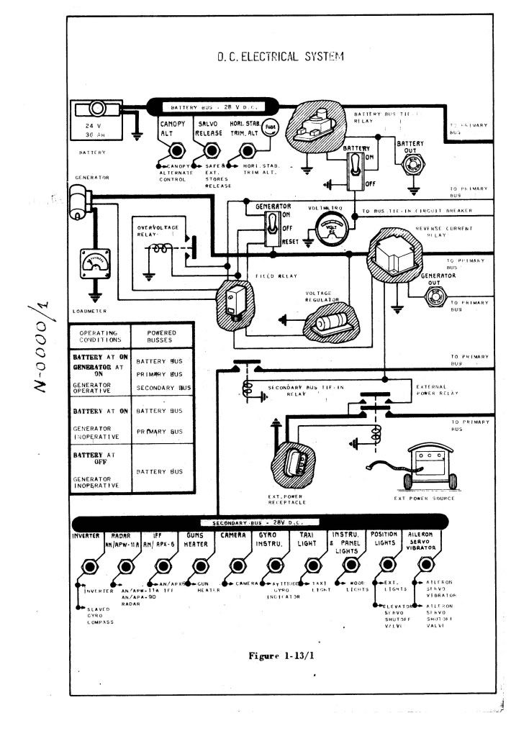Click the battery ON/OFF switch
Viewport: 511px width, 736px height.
coord(355,171)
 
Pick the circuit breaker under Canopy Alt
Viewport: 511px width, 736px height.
coord(174,151)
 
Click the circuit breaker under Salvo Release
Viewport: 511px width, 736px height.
coord(212,151)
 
